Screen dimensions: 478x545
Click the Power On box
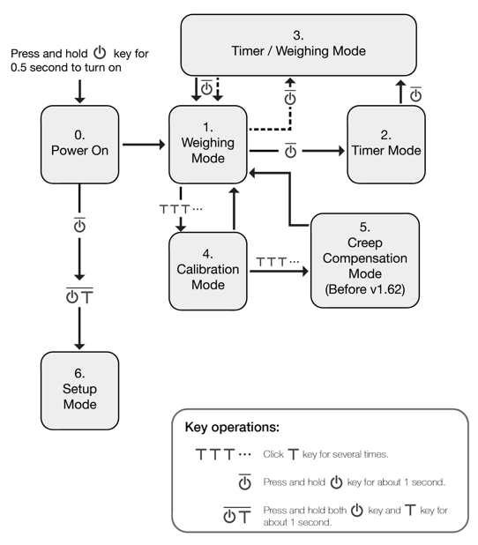point(79,145)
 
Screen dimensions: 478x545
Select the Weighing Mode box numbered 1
point(208,145)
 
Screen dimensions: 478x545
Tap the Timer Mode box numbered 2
point(386,145)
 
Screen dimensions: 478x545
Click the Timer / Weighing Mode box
point(298,45)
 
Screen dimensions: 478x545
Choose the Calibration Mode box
point(208,271)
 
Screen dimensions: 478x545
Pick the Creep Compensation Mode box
point(364,260)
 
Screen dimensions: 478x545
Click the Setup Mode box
point(79,391)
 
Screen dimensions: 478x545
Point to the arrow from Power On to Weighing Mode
point(144,145)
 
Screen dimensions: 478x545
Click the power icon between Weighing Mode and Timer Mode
point(290,151)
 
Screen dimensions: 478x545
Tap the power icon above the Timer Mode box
point(415,94)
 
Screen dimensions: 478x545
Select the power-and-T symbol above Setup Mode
point(79,296)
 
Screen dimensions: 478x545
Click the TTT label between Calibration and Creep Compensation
point(278,261)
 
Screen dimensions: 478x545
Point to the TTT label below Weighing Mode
point(181,209)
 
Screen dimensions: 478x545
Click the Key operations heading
point(232,427)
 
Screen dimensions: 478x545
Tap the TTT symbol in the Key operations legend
point(223,454)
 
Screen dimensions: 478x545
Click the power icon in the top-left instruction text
point(100,52)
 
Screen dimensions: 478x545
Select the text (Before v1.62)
point(364,289)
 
